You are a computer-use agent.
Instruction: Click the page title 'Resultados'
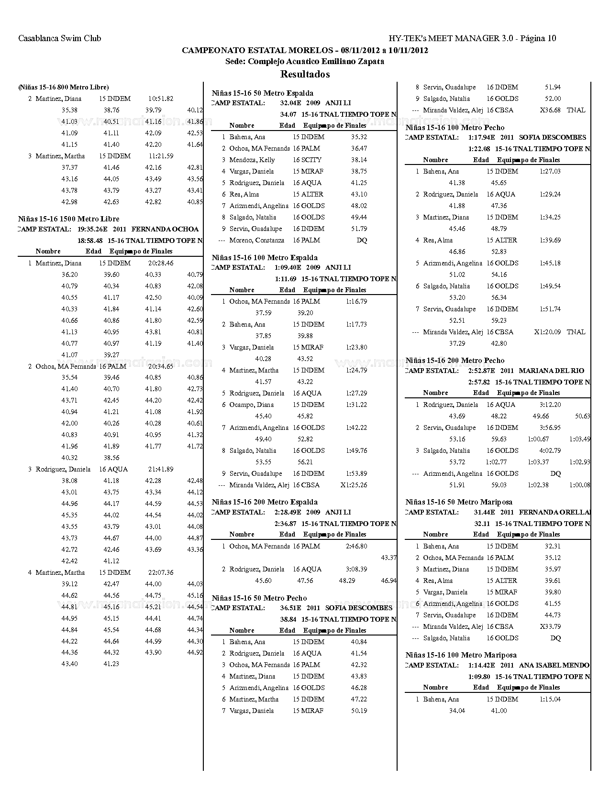305,74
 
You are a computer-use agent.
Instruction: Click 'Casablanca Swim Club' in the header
60,38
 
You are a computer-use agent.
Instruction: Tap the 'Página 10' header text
538,38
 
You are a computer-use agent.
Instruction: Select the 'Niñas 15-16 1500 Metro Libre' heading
68,219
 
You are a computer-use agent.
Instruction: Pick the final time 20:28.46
161,263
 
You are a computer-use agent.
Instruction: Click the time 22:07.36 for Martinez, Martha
161,572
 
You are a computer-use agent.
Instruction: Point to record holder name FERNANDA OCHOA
165,229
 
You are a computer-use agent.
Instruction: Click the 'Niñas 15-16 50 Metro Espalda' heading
262,93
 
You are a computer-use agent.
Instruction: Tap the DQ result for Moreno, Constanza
362,240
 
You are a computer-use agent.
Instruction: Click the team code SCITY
311,160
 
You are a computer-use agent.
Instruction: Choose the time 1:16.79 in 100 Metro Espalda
356,301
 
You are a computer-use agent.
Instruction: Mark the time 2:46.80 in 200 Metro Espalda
356,546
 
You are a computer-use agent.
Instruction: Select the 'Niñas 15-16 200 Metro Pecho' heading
455,361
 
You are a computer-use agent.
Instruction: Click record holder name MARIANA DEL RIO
551,371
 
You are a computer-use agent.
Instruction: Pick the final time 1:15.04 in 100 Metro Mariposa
550,699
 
